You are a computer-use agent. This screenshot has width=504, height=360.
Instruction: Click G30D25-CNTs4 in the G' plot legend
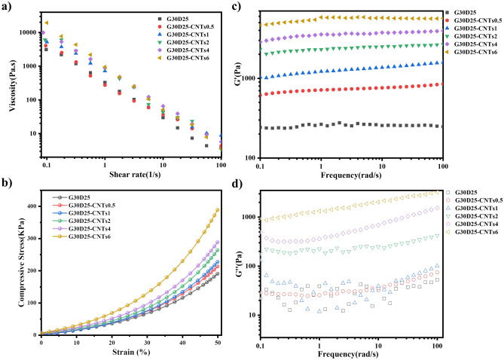click(x=473, y=45)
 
